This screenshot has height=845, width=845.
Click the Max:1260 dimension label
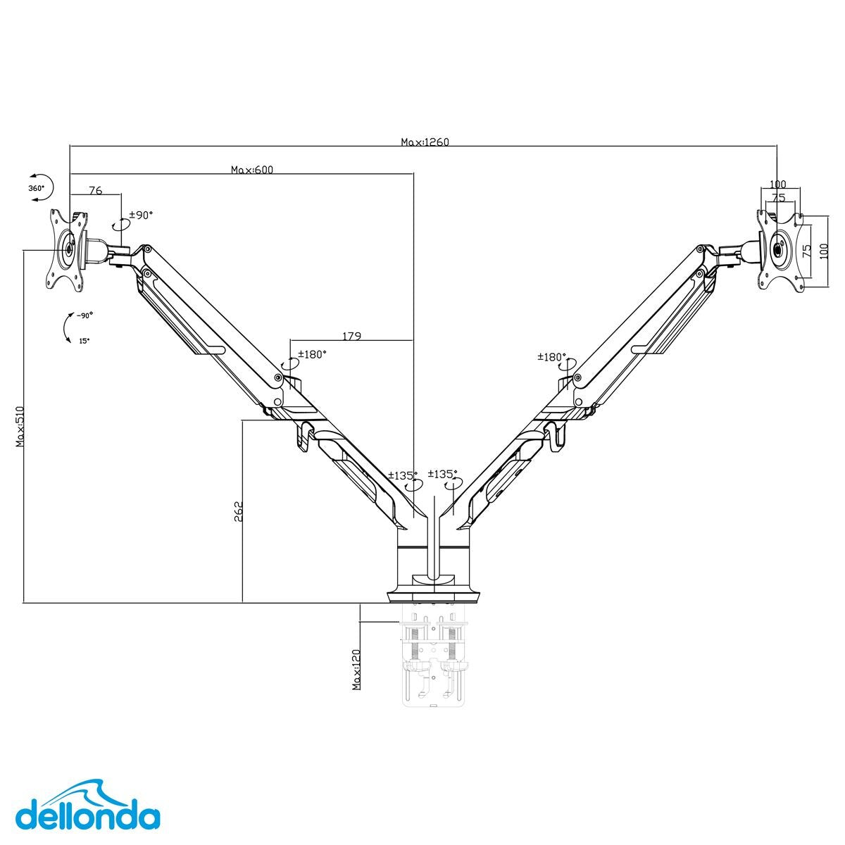425,142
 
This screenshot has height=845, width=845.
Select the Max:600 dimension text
251,170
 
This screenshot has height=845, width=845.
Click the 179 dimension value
351,337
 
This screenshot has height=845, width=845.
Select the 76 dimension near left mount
95,191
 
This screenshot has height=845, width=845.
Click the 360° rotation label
36,188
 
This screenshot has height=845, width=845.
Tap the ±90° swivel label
140,215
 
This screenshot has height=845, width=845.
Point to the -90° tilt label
84,316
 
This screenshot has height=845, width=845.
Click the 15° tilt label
84,340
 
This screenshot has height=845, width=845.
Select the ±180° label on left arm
312,355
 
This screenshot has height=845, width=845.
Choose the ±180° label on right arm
551,357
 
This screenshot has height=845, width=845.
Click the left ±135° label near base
403,475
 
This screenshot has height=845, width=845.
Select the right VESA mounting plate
780,250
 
